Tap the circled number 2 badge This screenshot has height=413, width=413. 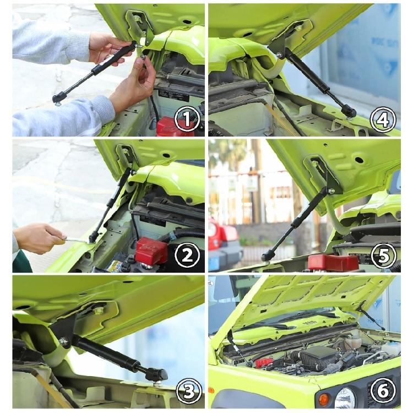point(186,254)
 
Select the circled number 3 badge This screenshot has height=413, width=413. point(186,392)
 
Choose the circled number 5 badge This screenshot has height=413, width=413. point(383,254)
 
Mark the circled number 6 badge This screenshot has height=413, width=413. point(383,392)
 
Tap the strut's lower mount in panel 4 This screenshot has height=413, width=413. point(349,112)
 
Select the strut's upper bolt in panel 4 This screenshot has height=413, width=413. point(281,55)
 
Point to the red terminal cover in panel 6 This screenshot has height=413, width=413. point(264,362)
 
